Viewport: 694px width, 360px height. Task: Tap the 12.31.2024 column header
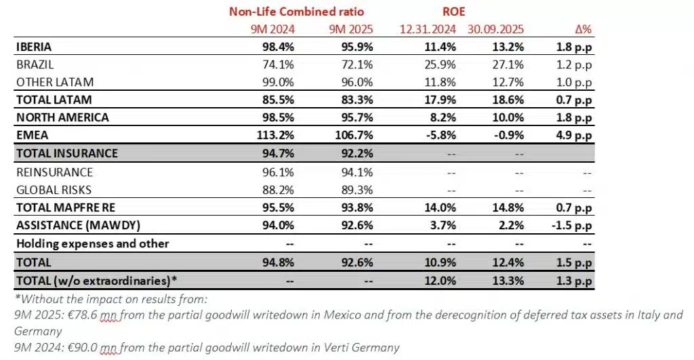point(428,30)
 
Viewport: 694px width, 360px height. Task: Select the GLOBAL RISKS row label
point(54,190)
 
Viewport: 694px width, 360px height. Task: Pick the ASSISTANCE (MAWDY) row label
point(70,226)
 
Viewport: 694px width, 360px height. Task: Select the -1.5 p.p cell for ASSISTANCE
point(573,226)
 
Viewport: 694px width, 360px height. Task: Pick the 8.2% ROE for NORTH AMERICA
point(443,118)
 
